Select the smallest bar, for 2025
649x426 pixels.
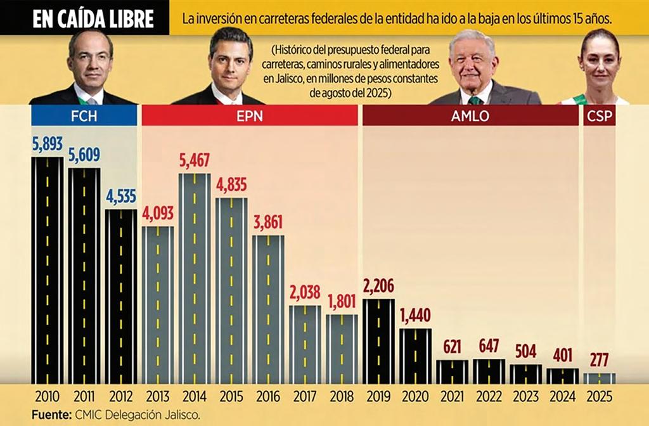tap(599, 378)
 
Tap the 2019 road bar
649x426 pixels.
tap(378, 340)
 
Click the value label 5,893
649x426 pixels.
tap(47, 145)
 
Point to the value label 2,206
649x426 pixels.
tap(378, 287)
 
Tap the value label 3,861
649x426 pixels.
tap(267, 223)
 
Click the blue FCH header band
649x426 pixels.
tap(84, 115)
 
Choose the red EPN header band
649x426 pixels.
tap(249, 115)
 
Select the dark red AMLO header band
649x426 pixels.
tap(470, 115)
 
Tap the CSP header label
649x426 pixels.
tap(599, 115)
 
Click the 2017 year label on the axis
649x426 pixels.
tap(304, 397)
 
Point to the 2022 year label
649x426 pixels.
tap(489, 397)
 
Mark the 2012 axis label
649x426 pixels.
tap(120, 397)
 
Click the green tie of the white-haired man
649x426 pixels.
tap(475, 100)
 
